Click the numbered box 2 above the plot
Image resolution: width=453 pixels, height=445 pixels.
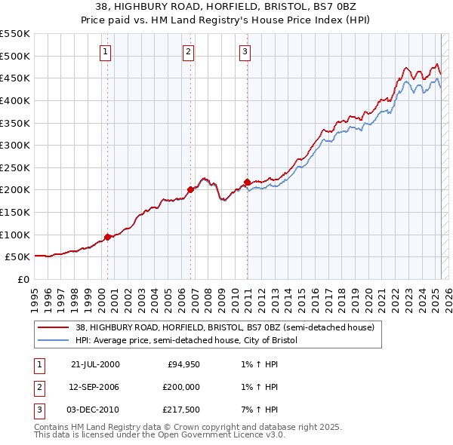[x=187, y=52]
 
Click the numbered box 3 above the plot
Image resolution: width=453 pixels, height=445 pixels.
[x=245, y=52]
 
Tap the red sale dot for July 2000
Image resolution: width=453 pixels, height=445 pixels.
[x=108, y=237]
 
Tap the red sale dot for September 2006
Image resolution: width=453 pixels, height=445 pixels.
[x=190, y=190]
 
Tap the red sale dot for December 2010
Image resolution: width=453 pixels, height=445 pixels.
[x=247, y=182]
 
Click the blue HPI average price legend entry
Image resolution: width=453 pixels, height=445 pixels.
[x=186, y=340]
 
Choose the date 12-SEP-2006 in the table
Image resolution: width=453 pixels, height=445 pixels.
[x=95, y=386]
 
